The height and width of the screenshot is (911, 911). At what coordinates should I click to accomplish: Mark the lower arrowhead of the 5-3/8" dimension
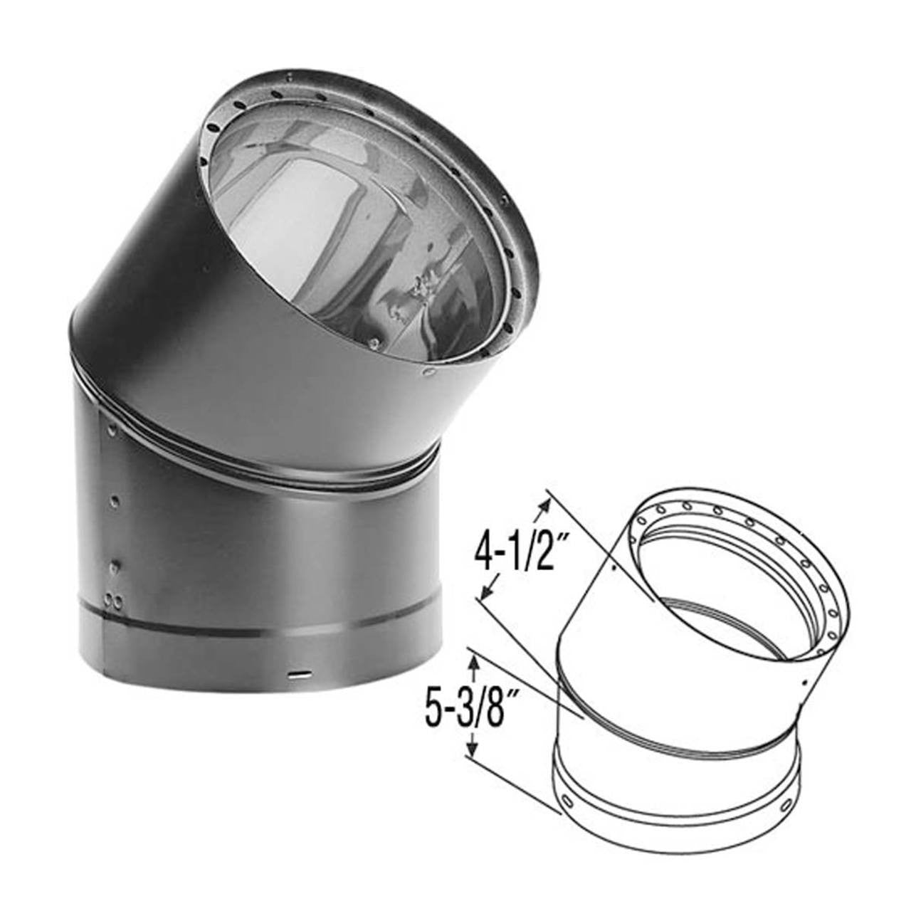click(x=471, y=752)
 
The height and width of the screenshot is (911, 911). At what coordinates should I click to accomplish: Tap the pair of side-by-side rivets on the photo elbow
click(x=112, y=601)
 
